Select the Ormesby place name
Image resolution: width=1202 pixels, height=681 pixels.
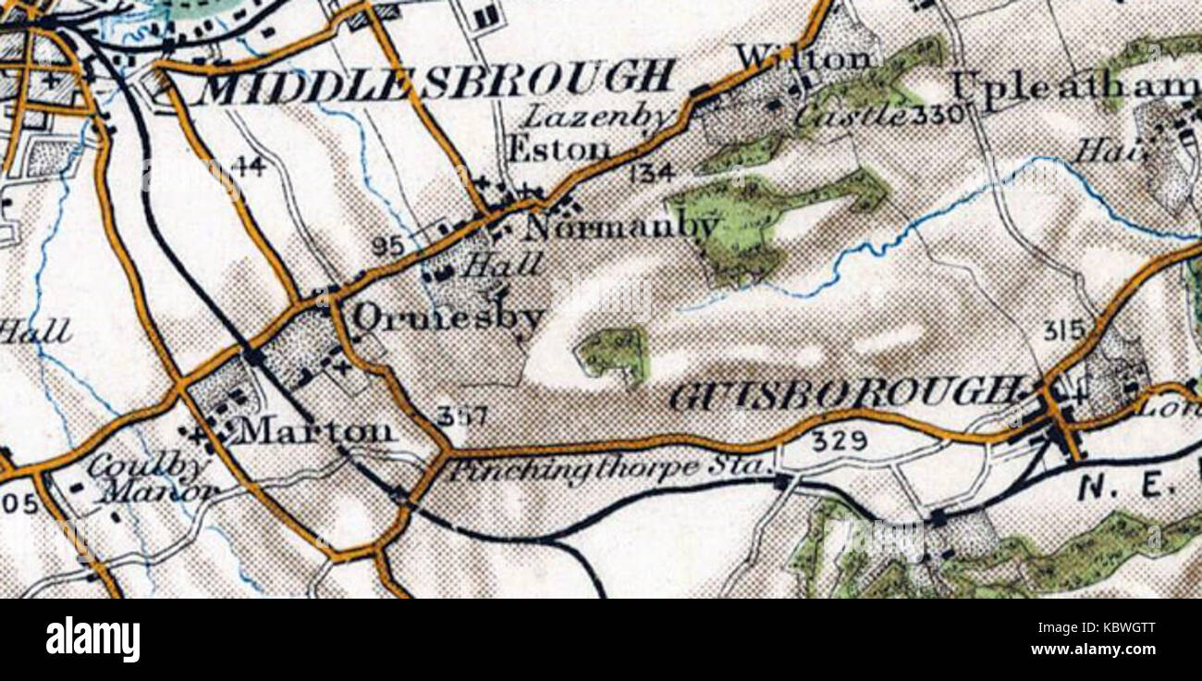[448, 317]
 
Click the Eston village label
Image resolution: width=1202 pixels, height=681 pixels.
[559, 148]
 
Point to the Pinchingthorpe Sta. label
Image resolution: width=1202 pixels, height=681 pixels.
[610, 469]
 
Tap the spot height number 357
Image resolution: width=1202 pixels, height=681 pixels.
[461, 417]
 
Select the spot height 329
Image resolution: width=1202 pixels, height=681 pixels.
[840, 442]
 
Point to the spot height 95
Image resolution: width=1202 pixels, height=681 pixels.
[388, 246]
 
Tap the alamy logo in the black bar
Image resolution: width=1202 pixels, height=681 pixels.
[92, 639]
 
